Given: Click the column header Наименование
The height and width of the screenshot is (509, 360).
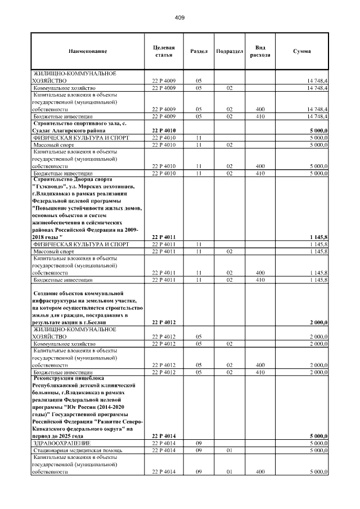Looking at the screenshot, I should point(87,52).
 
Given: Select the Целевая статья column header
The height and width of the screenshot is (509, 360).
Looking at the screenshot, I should point(163,52).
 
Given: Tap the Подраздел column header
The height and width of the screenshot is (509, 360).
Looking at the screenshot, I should point(229,52).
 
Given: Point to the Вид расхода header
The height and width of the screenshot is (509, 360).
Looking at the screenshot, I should point(260,52).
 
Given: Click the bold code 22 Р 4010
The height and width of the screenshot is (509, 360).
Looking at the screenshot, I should point(163,130).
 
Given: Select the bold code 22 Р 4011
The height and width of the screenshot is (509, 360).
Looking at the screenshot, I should point(163,237).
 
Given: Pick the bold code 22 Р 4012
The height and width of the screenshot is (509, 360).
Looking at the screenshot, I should point(163,322).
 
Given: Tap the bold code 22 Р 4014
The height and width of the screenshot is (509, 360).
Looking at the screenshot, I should point(163,436).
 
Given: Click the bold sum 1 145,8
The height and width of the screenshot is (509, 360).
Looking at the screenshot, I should point(318,237).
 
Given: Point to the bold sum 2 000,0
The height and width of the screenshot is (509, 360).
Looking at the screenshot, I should point(318,322).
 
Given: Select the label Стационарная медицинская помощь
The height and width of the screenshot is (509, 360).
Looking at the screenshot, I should point(78,451).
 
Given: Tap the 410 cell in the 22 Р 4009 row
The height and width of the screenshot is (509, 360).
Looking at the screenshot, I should point(260,116).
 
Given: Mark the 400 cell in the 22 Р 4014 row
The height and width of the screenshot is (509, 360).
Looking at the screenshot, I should point(260,472).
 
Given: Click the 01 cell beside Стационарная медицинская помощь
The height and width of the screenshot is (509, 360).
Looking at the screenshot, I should point(229,451).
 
